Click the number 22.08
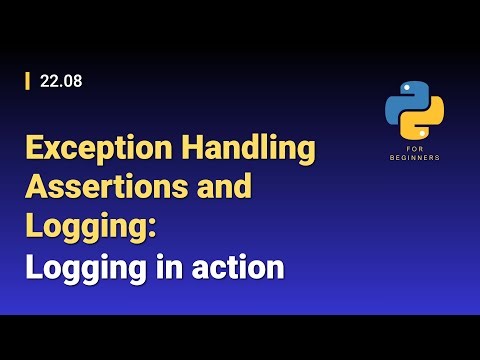pos(61,82)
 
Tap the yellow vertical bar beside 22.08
pos(27,82)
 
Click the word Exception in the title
pos(90,150)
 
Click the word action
pos(238,268)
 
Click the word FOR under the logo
pos(415,148)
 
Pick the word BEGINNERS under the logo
pos(415,158)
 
